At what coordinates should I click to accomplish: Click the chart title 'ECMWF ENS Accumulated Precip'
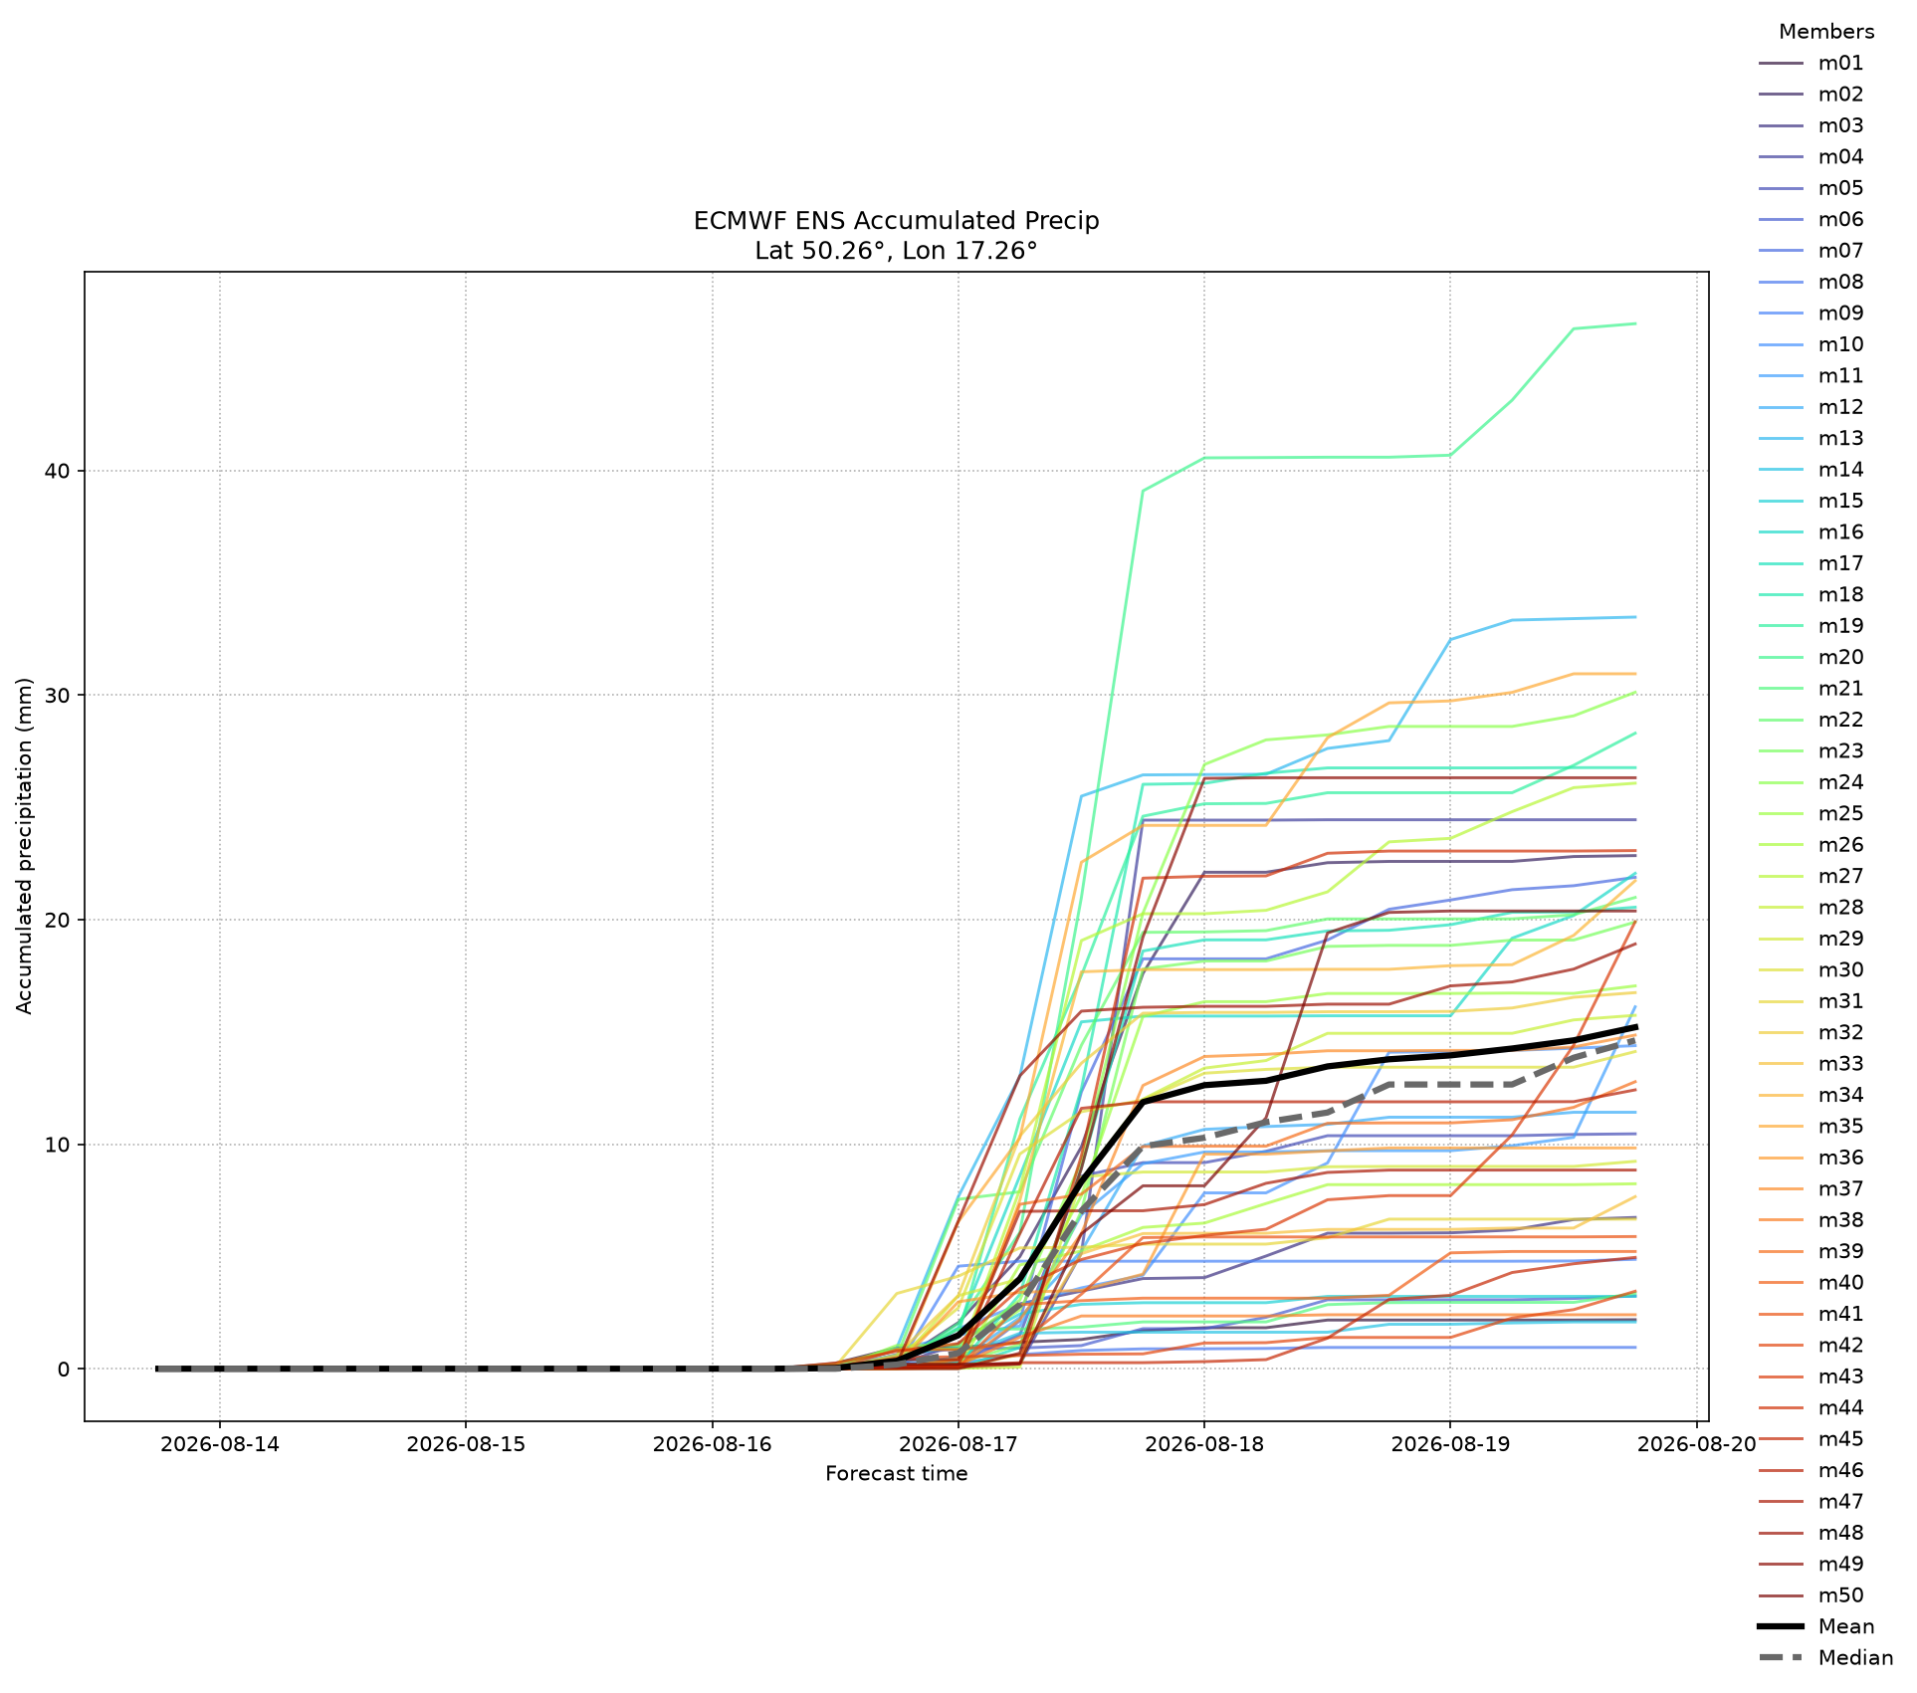(896, 220)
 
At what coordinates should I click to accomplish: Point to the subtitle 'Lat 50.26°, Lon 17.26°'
(896, 250)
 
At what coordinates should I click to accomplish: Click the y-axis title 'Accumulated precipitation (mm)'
(25, 846)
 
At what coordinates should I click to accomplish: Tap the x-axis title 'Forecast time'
(896, 1473)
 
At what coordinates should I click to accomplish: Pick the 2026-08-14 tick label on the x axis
(220, 1444)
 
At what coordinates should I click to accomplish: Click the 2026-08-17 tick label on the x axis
(958, 1444)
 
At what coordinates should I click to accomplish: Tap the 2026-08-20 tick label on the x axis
(1696, 1444)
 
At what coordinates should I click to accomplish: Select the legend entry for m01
(1811, 64)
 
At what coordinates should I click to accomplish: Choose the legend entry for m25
(1811, 814)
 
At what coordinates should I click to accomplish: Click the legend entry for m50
(1811, 1595)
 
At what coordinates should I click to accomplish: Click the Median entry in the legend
(1825, 1658)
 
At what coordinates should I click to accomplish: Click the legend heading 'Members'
(1826, 32)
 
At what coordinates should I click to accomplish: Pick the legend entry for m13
(1811, 439)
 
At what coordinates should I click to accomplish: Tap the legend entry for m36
(1811, 1158)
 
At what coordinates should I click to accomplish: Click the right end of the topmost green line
(1635, 323)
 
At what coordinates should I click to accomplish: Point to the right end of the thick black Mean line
(1635, 1027)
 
